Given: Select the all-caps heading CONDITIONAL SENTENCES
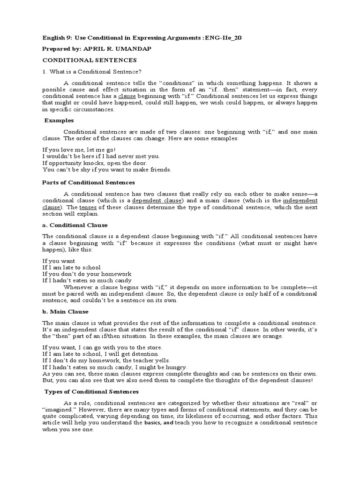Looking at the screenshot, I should pos(90,60).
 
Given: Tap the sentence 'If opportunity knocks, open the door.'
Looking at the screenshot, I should pos(91,163).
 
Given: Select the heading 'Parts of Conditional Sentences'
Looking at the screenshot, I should pos(89,182).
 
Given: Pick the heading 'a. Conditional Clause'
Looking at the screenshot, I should pos(75,225).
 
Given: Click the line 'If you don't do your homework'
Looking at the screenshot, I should pos(87,274).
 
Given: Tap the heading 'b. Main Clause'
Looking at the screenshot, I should pos(65,311).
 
